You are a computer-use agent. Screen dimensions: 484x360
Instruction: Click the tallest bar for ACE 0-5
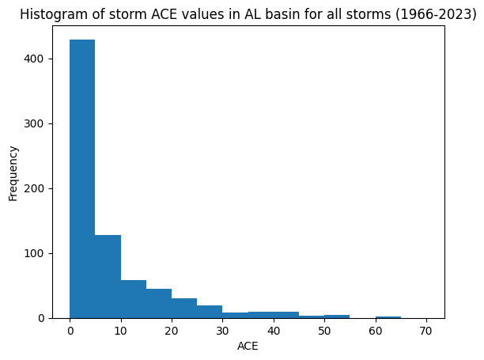(x=82, y=179)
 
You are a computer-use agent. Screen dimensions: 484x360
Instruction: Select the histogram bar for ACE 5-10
(x=108, y=277)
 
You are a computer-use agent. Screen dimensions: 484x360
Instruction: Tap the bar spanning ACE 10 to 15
(x=134, y=299)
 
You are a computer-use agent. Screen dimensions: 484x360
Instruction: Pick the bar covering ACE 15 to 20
(x=159, y=304)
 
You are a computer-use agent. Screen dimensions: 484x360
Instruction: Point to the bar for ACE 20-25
(x=184, y=308)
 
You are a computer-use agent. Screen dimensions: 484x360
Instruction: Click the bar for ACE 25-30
(x=210, y=312)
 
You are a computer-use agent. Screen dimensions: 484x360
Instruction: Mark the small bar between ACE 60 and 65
(x=388, y=317)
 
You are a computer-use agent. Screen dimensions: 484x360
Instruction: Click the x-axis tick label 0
(x=70, y=331)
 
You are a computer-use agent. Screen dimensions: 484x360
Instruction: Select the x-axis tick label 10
(x=121, y=331)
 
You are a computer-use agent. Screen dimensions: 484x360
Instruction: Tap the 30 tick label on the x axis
(x=222, y=331)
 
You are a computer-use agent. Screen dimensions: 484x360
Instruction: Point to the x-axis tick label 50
(x=324, y=331)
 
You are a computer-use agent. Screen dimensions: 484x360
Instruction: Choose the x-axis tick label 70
(x=426, y=331)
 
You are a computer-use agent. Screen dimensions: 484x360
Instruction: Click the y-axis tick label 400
(x=34, y=59)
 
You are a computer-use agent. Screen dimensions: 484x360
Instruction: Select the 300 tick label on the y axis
(x=34, y=123)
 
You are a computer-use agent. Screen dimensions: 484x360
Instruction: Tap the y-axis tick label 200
(x=34, y=188)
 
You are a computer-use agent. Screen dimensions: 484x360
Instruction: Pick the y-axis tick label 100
(x=34, y=253)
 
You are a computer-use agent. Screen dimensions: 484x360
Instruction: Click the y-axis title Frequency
(x=13, y=173)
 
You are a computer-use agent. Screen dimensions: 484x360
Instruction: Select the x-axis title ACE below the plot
(x=248, y=346)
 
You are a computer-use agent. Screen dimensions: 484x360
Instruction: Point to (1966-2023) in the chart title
(x=437, y=14)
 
